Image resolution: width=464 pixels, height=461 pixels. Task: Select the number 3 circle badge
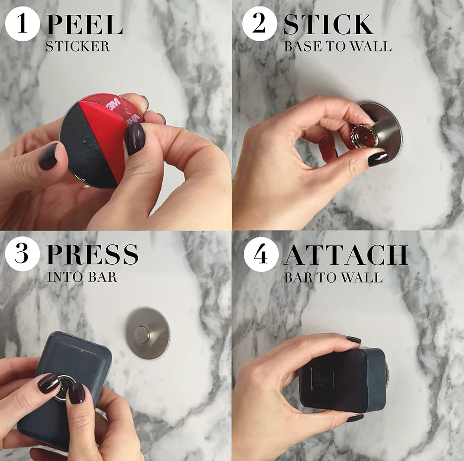point(22,255)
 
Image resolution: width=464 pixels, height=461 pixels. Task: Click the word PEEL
point(84,26)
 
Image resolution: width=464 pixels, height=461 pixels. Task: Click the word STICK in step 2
point(328,26)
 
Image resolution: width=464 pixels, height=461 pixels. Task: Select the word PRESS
point(92,255)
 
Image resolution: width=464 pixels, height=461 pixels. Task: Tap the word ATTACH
point(345,255)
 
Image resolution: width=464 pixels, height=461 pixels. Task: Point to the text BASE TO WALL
point(337,47)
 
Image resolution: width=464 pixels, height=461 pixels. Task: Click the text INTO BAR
point(82,277)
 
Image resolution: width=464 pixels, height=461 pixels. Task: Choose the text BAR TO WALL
point(333,277)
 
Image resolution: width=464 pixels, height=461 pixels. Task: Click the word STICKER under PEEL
point(77,47)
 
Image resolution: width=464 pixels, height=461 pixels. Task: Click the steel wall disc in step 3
point(147,333)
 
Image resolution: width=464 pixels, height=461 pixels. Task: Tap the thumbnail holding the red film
point(135,138)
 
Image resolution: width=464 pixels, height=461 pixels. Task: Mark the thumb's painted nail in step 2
point(378,158)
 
